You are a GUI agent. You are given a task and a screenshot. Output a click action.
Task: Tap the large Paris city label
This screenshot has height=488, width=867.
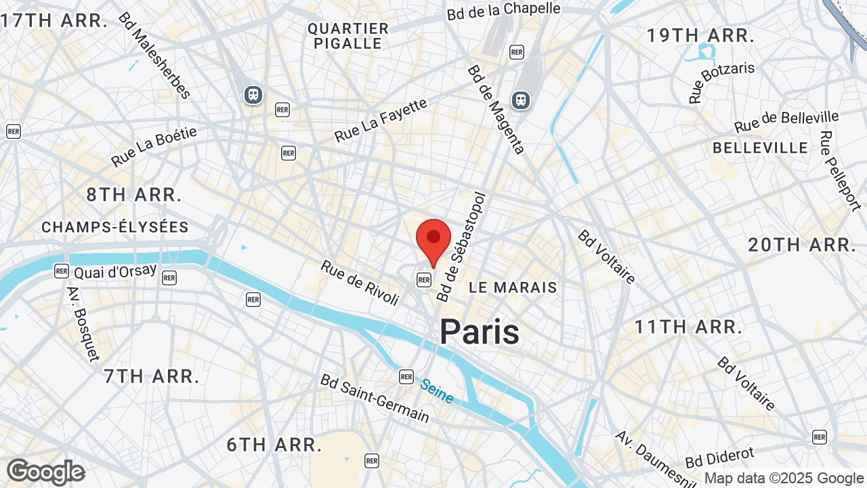tap(480, 332)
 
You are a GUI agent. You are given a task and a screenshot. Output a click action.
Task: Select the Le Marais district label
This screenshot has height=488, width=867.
tap(513, 287)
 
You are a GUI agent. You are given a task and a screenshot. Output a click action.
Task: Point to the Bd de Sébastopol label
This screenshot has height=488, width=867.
tap(462, 247)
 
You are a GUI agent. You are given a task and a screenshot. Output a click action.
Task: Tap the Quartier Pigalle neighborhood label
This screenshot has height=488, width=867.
tap(348, 36)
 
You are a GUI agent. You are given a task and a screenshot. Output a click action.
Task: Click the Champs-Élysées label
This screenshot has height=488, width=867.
tap(115, 227)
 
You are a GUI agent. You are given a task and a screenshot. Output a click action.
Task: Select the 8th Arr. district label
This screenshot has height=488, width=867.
tap(134, 195)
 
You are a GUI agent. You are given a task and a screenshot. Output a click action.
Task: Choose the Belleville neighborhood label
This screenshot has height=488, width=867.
tap(760, 148)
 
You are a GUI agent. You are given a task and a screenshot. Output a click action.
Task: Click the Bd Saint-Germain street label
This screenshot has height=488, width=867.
tap(375, 398)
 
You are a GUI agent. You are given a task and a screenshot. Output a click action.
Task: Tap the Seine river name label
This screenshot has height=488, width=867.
tap(436, 391)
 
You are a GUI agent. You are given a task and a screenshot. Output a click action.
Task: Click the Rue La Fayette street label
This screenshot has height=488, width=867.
tap(381, 121)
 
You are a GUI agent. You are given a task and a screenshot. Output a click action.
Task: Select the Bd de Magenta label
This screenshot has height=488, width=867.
tap(496, 109)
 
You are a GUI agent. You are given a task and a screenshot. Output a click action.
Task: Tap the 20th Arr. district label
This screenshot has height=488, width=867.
tap(802, 245)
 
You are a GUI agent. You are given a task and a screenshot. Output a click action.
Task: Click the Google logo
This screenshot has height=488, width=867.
tap(45, 472)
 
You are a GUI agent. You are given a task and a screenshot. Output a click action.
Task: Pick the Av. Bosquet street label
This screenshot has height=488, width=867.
tap(83, 324)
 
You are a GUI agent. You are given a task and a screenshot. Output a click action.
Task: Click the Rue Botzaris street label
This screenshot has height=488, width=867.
tap(721, 83)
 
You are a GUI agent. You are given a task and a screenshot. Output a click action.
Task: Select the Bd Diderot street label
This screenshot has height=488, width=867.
tap(719, 457)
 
